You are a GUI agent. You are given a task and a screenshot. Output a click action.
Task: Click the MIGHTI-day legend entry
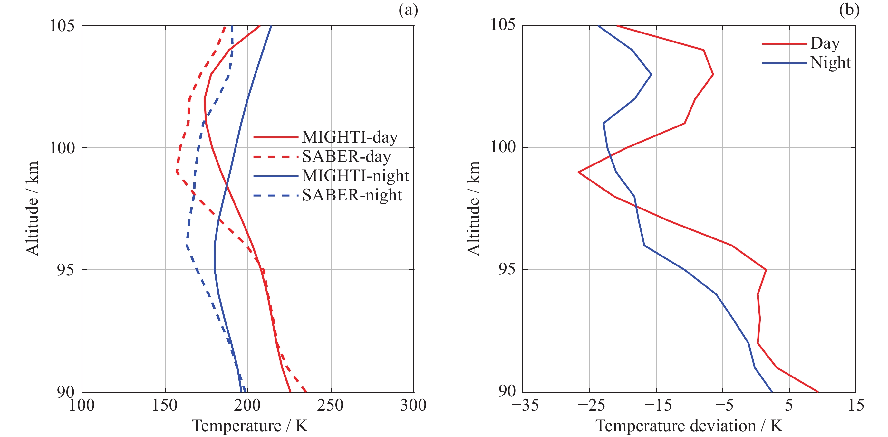coord(350,137)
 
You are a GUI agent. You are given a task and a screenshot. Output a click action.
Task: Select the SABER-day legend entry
coord(346,157)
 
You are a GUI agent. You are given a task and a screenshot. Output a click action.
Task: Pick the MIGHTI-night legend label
coord(355,176)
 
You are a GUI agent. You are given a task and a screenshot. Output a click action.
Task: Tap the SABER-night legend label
coord(352,195)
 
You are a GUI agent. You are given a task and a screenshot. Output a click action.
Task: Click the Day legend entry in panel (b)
coord(825,43)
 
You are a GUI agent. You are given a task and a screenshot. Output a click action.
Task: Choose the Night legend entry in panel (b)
coord(830,63)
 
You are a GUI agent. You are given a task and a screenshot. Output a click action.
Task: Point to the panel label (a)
coord(408,10)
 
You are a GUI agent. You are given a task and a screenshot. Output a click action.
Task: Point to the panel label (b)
coord(849,10)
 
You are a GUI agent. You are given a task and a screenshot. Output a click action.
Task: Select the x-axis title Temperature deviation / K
coord(689,426)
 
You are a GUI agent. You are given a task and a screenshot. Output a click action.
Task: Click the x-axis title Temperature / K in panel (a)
coord(250,426)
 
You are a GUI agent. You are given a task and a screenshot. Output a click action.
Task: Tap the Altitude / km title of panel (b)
coord(474,208)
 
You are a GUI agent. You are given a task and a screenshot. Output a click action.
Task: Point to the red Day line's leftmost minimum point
coord(578,172)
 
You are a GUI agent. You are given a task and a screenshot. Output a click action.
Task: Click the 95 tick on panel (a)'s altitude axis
coord(65,270)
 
